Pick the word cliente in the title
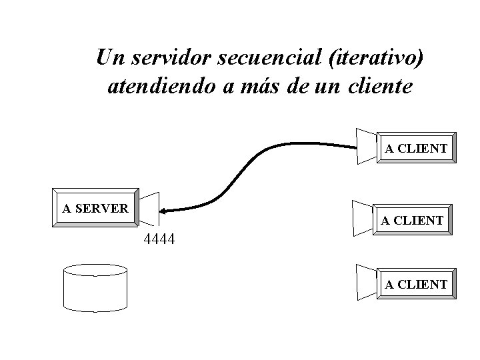coord(379,87)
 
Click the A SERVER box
coord(95,208)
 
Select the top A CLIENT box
coord(415,148)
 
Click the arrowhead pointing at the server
coord(164,210)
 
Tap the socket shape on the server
coord(149,209)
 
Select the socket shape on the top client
coord(367,145)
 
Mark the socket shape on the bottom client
coord(367,281)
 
